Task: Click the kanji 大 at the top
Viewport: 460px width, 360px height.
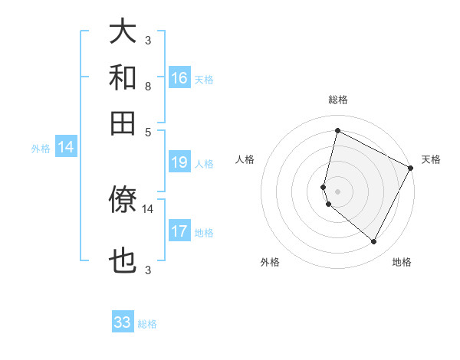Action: point(123,33)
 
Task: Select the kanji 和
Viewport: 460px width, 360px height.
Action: point(123,77)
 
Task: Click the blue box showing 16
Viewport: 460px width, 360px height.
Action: point(179,77)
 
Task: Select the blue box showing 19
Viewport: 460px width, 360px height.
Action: point(179,162)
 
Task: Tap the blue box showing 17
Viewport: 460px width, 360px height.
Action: point(179,231)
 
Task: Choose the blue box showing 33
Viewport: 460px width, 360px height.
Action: point(123,322)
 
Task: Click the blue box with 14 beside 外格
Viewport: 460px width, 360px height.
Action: point(66,148)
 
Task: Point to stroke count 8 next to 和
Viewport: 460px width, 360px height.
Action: point(147,87)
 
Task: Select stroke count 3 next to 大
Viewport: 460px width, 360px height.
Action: point(147,41)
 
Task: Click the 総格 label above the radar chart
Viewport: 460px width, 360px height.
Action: point(337,100)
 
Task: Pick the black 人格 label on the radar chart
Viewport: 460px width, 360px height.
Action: point(245,159)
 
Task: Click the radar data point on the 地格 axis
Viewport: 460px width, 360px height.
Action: point(374,242)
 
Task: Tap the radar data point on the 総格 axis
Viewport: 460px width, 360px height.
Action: point(337,130)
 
